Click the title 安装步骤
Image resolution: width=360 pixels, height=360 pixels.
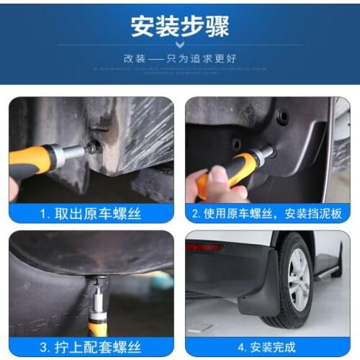point(180,27)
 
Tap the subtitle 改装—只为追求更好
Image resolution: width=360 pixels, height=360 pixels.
point(179,58)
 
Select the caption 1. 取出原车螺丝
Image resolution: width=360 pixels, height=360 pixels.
point(91,214)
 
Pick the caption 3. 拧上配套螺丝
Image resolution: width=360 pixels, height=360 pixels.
point(91,347)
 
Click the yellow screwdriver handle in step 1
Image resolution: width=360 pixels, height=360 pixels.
point(29,160)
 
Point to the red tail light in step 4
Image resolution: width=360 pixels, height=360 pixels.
point(205,247)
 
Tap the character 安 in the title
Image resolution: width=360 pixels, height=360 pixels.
point(142,27)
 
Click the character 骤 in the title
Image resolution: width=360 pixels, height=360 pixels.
point(218,27)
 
